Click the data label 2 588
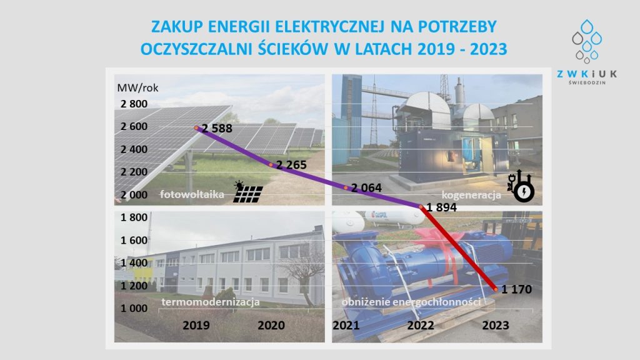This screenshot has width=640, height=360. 217,129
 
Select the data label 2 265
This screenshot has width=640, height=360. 291,165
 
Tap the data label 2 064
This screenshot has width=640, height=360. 366,187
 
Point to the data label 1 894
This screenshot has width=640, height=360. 442,207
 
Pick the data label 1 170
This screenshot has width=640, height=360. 516,289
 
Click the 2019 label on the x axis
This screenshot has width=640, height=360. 196,325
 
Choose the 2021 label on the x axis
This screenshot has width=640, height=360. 346,325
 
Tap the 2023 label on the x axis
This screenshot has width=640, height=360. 496,325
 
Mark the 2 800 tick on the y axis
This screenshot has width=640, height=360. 134,104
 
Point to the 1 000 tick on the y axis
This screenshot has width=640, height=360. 134,308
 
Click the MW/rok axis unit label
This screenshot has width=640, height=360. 137,87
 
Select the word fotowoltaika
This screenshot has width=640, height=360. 192,194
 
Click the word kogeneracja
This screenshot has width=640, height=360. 471,195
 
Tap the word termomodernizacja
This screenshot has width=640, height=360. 211,302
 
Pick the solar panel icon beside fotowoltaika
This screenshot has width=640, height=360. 247,192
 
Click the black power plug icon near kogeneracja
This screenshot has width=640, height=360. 521,186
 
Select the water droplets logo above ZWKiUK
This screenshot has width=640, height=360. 587,41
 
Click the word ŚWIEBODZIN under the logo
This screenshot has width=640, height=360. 587,82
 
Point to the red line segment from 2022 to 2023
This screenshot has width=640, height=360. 458,248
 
